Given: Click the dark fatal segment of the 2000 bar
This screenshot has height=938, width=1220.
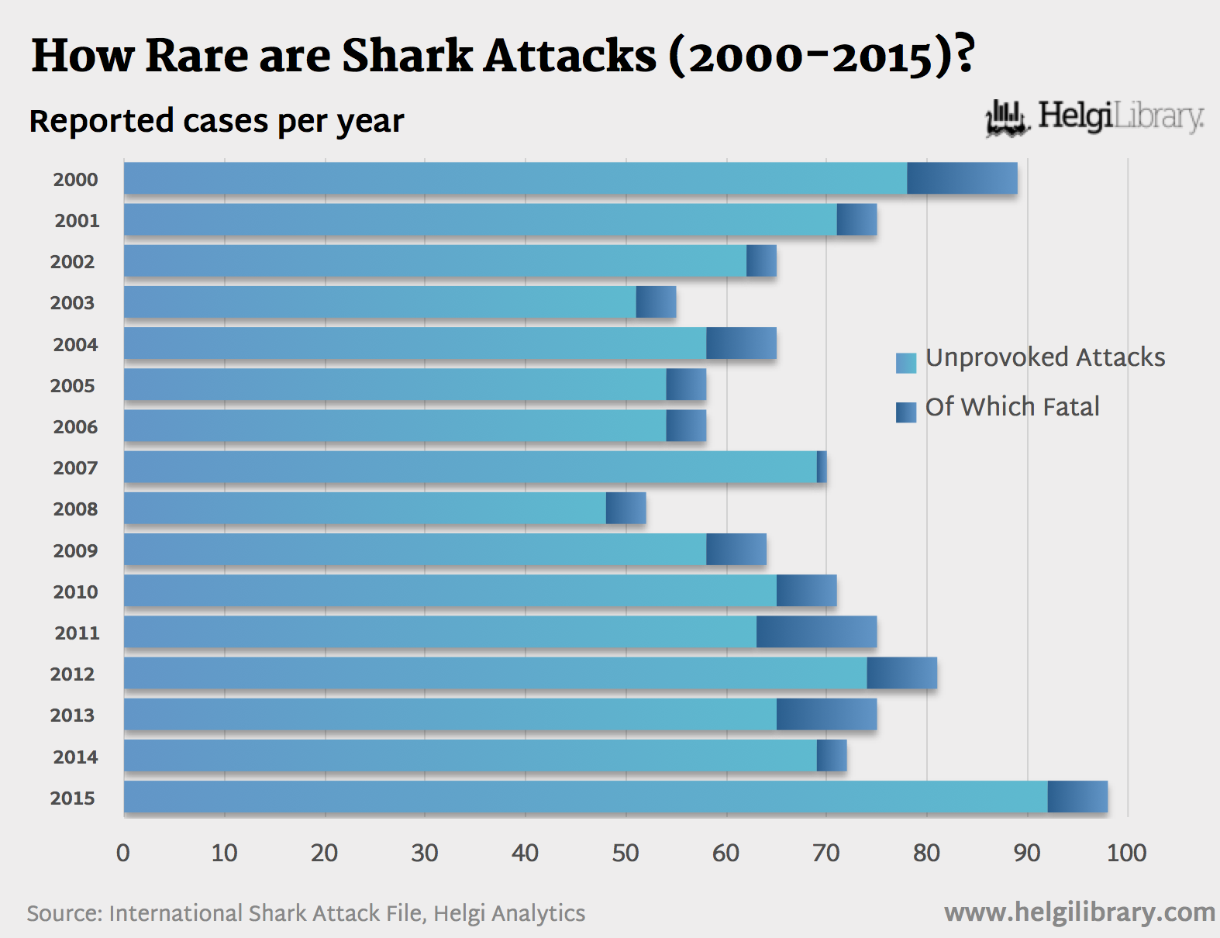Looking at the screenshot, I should pos(962,178).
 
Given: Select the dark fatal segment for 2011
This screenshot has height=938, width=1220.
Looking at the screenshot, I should pos(816,632).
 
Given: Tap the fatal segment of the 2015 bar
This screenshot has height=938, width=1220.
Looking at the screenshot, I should pos(1077,797).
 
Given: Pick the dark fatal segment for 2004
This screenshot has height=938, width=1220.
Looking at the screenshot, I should pos(741,343).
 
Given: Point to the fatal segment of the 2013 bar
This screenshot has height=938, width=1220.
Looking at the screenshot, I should pos(826,714).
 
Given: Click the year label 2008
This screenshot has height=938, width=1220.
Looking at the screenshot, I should pos(75,509).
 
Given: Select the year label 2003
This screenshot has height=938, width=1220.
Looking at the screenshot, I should pos(72,303).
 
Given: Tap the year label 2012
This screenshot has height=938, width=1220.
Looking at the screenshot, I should pos(72,674).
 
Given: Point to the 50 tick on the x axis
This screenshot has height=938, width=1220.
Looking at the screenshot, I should pos(626,854).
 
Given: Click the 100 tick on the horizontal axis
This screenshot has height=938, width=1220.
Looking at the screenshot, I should pos(1126,854).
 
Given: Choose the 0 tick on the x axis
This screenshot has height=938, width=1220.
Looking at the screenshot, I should pos(123,854).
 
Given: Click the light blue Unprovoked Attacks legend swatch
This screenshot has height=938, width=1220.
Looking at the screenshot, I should pos(905,363).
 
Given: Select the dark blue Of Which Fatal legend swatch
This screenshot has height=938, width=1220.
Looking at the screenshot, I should pos(905,412).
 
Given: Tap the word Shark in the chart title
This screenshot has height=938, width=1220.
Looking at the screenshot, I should pos(408,56).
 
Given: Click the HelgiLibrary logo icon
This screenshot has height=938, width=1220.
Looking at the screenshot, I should pos(1006,119).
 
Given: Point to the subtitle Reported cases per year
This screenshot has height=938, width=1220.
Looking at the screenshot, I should pos(216,121).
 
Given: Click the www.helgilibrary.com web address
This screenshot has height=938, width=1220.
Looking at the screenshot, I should pos(1079,912).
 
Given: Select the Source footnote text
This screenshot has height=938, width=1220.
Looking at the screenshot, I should pos(305,913).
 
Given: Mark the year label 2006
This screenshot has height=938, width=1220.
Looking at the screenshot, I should pos(75,427).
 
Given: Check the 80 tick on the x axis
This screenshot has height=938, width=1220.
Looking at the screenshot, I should pos(926,854).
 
